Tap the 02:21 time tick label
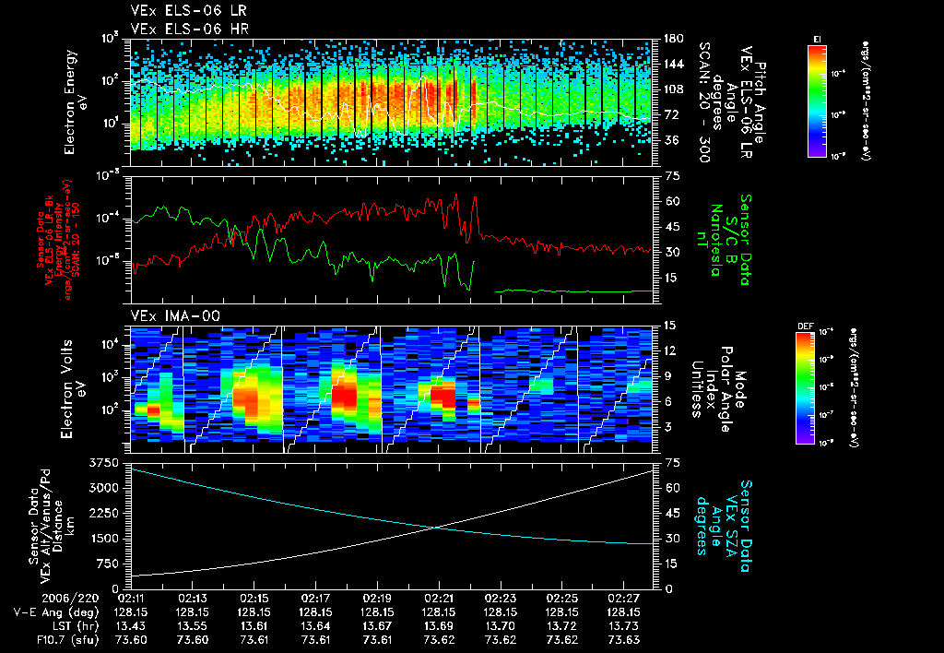[439, 598]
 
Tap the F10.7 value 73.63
[623, 639]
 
